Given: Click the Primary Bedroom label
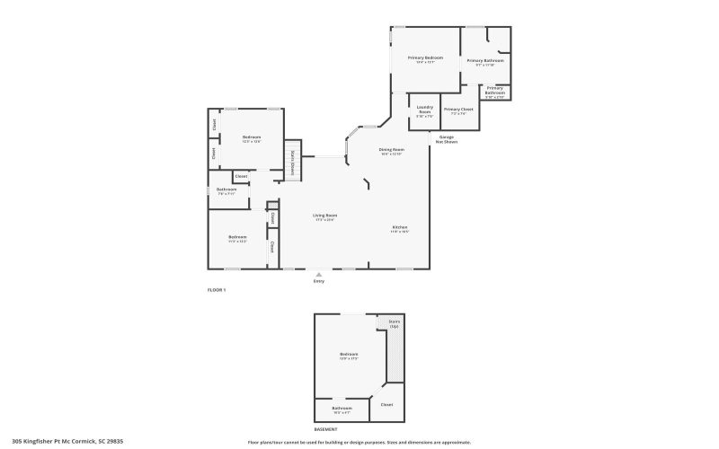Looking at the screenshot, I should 425,57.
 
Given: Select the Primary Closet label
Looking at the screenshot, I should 458,110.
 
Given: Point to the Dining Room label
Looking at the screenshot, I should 391,149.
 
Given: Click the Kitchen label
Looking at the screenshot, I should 400,227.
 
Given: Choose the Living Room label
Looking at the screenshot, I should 324,216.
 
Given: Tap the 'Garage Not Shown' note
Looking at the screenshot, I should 446,139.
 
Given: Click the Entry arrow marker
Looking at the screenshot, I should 318,273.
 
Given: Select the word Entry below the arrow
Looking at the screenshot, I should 318,281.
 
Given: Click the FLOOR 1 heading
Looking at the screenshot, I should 217,290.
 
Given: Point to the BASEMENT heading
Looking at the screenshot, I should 326,429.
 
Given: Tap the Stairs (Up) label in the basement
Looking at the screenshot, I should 394,323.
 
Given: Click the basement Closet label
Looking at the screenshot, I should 386,405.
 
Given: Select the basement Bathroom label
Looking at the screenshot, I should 342,408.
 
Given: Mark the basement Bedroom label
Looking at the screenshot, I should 349,355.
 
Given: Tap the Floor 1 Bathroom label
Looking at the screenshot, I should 226,189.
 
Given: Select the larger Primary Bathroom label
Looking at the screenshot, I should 484,60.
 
